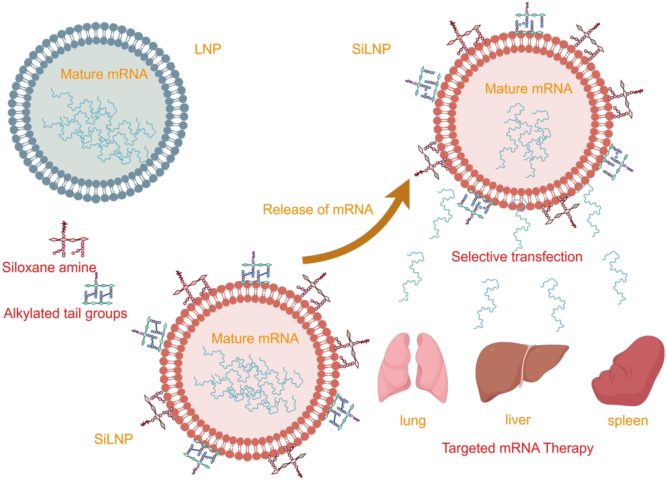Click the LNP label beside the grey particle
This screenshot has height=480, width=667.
(x=208, y=49)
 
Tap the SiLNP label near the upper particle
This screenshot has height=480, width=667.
(x=371, y=49)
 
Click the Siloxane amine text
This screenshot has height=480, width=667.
(x=49, y=267)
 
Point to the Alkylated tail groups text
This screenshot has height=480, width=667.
(x=65, y=313)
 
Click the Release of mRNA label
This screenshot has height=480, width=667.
(x=318, y=209)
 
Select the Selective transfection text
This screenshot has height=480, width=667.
(x=517, y=257)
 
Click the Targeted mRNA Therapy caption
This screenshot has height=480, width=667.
(x=518, y=448)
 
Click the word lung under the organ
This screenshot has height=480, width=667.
(x=413, y=421)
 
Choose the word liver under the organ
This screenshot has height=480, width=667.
(x=518, y=420)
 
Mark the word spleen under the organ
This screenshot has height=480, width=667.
(x=628, y=421)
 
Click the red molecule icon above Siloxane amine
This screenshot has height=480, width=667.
(x=68, y=240)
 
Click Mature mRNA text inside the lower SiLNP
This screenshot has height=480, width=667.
(x=255, y=339)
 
